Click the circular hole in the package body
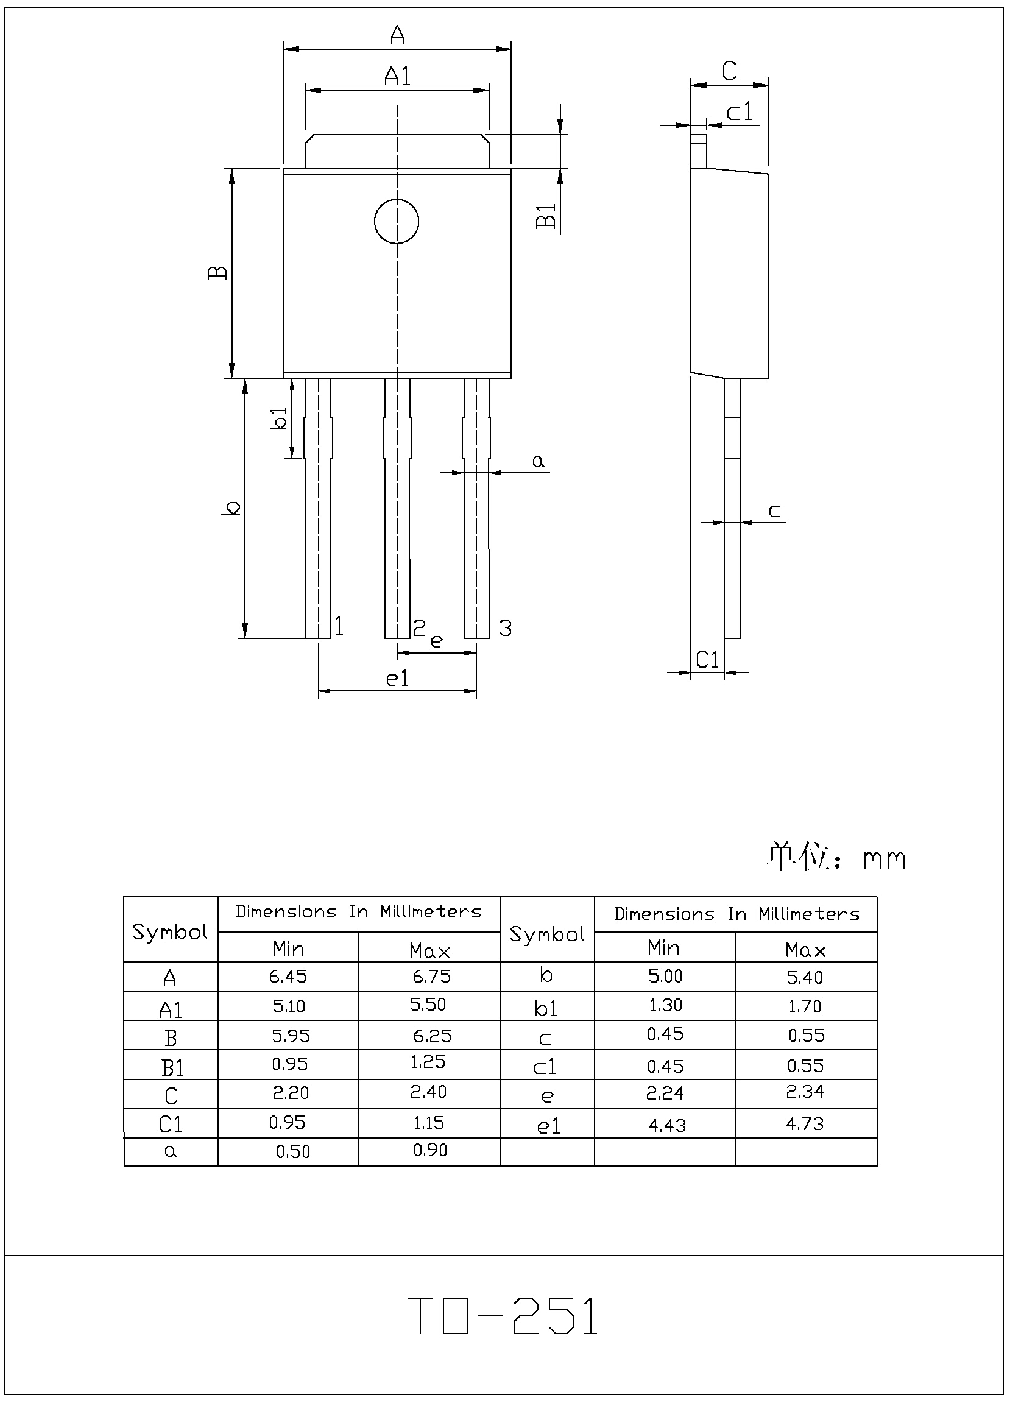[397, 221]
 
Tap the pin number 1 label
[339, 626]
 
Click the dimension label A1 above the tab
[397, 76]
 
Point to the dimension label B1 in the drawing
[546, 216]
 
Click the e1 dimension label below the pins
[397, 679]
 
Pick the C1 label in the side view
[707, 660]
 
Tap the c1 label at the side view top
[740, 112]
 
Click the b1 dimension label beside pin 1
[280, 419]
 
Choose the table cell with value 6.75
[431, 977]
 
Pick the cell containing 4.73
[805, 1124]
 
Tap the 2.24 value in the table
[665, 1093]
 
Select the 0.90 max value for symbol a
[430, 1151]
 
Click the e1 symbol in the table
[548, 1126]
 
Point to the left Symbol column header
[170, 932]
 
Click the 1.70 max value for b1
[805, 1006]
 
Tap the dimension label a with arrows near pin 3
[538, 462]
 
